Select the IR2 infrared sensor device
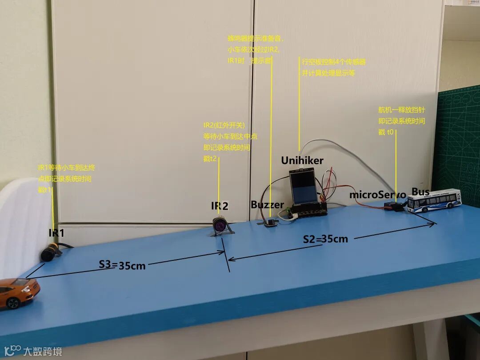[221, 224]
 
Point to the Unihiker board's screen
[304, 187]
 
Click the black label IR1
[56, 232]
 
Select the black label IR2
[220, 206]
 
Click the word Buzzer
[267, 205]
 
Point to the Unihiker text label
[302, 160]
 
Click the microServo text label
[377, 194]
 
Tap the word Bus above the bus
[420, 192]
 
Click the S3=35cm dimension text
[122, 265]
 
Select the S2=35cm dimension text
[325, 239]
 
